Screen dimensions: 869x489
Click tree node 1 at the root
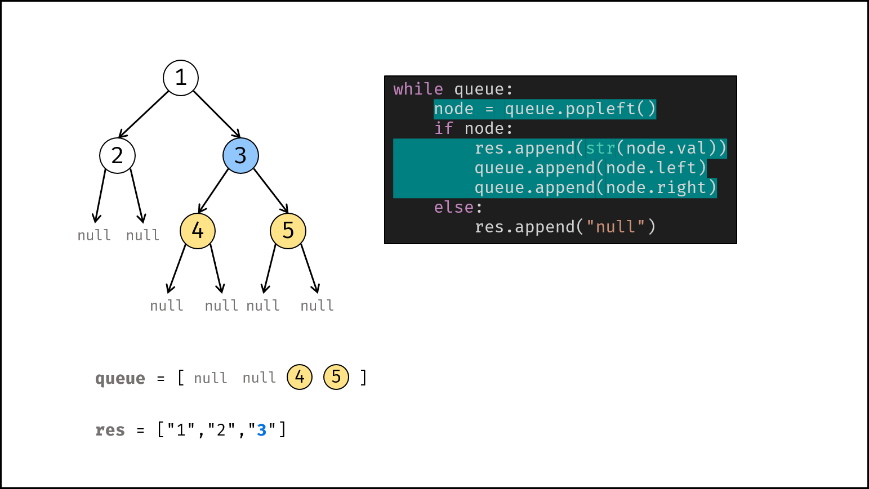181,78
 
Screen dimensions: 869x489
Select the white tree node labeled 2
117,155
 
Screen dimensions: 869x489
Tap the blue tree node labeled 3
240,155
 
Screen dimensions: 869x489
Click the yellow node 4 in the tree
198,231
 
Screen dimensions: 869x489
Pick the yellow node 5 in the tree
288,231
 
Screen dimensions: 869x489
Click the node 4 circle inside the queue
300,377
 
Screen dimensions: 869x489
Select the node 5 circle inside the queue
336,377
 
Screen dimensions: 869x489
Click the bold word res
110,430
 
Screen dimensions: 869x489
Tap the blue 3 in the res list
262,430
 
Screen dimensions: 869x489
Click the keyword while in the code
418,89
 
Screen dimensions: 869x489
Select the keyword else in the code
454,207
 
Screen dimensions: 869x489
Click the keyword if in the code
443,128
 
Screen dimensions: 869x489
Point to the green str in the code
600,148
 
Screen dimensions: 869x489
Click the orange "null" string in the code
615,227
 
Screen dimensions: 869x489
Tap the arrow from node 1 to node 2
143,115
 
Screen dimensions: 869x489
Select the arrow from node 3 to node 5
271,191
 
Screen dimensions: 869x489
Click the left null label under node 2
94,235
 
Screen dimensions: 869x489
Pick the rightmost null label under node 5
317,306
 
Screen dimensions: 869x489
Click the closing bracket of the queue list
363,378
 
